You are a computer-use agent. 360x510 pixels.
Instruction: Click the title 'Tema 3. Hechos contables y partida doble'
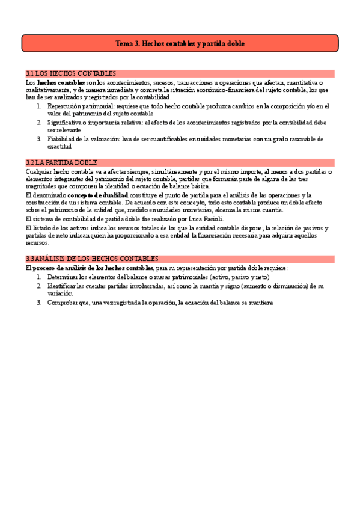pos(180,44)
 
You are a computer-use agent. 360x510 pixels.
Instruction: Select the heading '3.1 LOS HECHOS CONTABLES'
pos(71,73)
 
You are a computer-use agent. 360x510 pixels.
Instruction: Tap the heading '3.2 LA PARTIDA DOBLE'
pos(63,162)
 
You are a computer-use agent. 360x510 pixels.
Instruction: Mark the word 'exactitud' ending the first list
pos(59,146)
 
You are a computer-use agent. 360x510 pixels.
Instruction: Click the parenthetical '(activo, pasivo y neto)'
pos(237,277)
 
